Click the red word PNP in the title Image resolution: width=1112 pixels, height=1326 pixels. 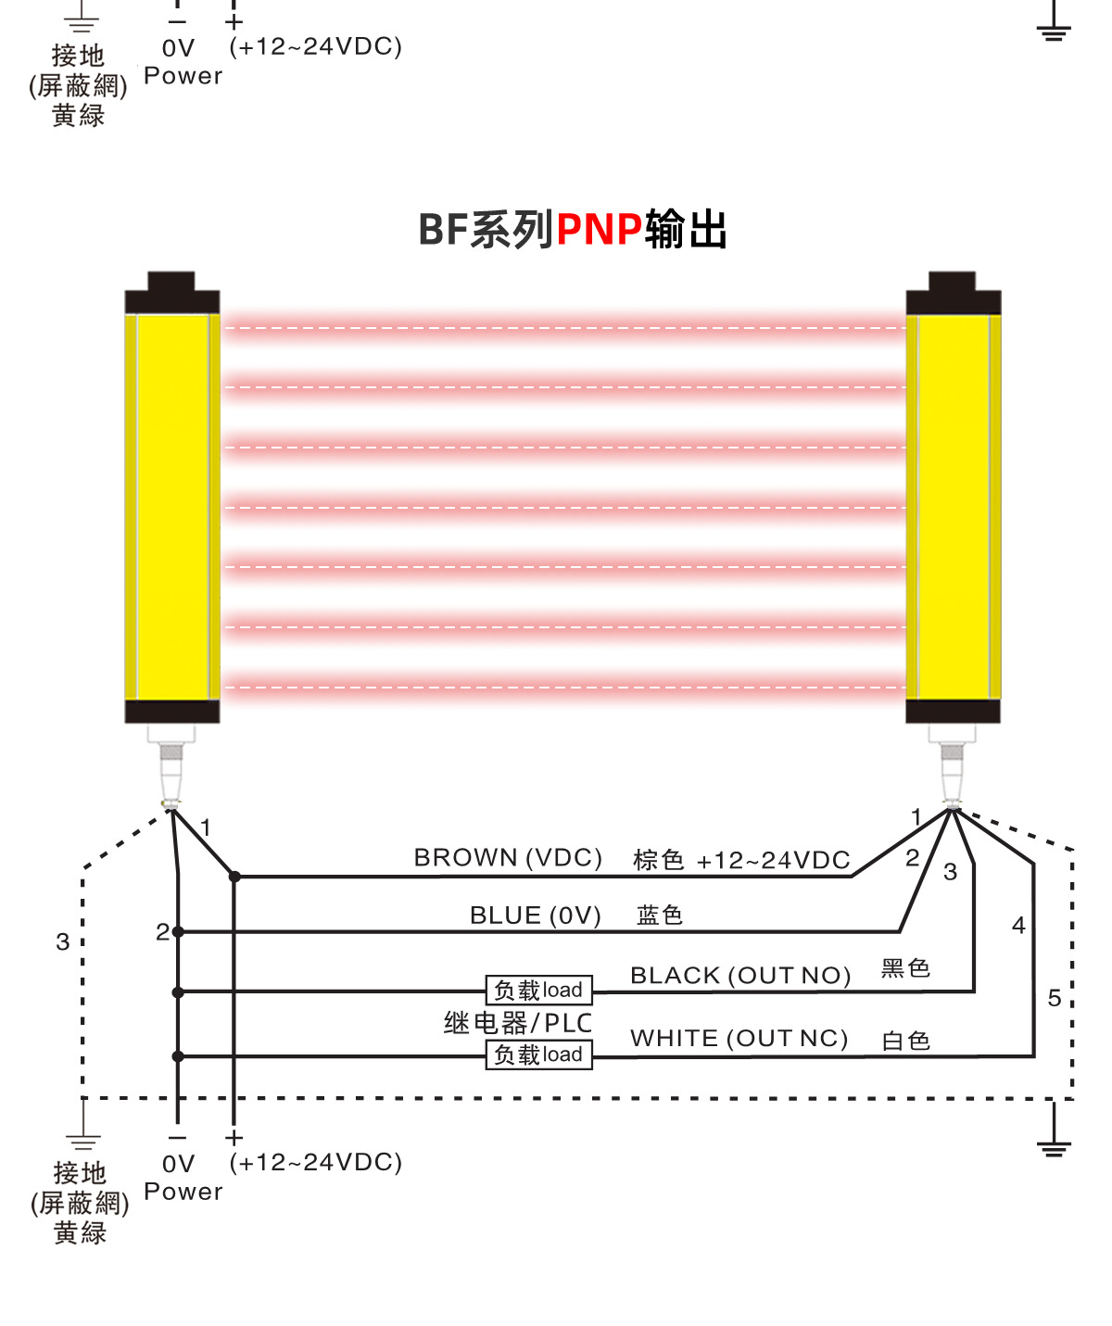tap(599, 230)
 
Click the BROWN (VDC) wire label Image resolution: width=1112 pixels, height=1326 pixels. tap(508, 858)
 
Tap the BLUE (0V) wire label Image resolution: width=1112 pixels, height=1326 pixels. tap(535, 916)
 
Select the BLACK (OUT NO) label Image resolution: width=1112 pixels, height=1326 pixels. tap(740, 976)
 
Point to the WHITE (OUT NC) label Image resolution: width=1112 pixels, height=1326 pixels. tap(739, 1039)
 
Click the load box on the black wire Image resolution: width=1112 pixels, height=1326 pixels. tap(538, 991)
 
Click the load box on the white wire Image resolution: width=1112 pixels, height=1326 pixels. tap(538, 1054)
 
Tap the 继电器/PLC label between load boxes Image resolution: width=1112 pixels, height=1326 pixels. tap(518, 1023)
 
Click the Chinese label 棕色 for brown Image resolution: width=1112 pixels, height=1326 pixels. tap(658, 860)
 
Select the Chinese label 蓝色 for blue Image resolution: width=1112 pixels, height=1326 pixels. tap(660, 916)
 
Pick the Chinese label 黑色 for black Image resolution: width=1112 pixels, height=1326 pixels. tap(905, 969)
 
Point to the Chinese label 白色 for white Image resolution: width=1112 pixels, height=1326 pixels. tap(905, 1041)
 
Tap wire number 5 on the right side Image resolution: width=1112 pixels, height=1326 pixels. tap(1055, 998)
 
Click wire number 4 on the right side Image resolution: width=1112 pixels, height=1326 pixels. tap(1018, 926)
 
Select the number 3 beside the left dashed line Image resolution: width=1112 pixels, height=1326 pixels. tap(62, 942)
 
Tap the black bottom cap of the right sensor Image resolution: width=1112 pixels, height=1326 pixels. tap(953, 712)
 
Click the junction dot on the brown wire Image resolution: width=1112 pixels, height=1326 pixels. tap(235, 877)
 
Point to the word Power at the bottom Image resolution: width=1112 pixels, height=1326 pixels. tap(183, 1192)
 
